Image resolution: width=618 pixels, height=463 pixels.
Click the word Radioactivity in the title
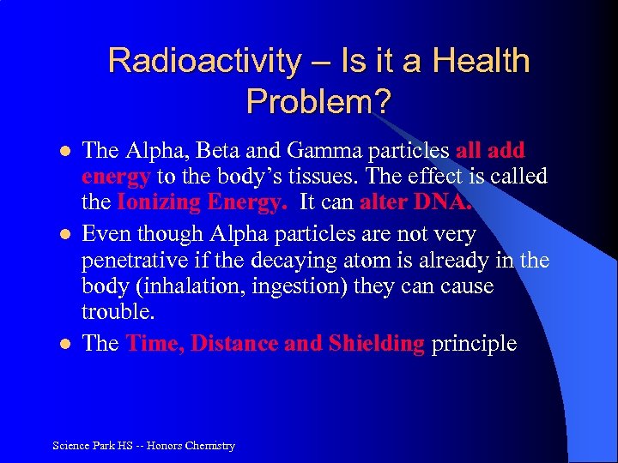(x=205, y=62)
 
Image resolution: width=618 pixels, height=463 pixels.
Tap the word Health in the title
(x=482, y=62)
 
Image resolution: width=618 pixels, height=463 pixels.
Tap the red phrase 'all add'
(x=490, y=151)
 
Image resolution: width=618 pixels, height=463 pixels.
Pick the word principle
(x=474, y=344)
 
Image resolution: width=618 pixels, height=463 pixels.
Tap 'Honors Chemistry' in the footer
(x=191, y=445)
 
